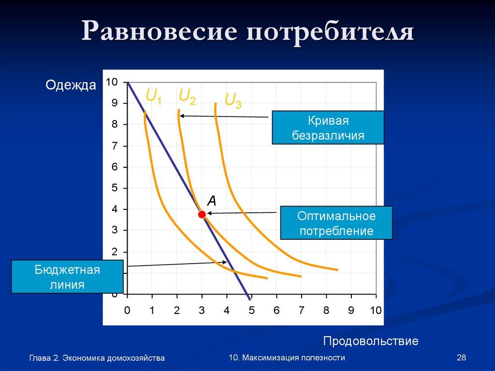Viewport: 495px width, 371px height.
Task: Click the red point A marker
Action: (x=202, y=214)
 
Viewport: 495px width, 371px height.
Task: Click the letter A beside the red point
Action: (x=211, y=200)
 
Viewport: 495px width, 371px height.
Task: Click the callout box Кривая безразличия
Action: (x=328, y=128)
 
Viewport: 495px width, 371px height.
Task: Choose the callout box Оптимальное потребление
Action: (x=336, y=223)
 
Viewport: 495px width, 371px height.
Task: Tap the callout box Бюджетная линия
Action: (x=67, y=277)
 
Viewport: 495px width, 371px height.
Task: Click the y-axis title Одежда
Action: (x=71, y=86)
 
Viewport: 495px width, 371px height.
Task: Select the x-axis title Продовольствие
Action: (x=370, y=341)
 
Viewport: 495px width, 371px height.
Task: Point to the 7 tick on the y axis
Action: (x=115, y=146)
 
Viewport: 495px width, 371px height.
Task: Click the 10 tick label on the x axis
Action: (x=376, y=310)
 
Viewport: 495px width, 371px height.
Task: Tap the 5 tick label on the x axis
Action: (x=251, y=310)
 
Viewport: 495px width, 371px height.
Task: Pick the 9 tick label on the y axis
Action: (x=115, y=103)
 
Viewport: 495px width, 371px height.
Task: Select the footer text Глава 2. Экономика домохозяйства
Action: (x=97, y=358)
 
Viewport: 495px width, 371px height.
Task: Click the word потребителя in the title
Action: (x=331, y=33)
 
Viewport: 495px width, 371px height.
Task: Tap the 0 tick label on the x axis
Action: (x=127, y=310)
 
